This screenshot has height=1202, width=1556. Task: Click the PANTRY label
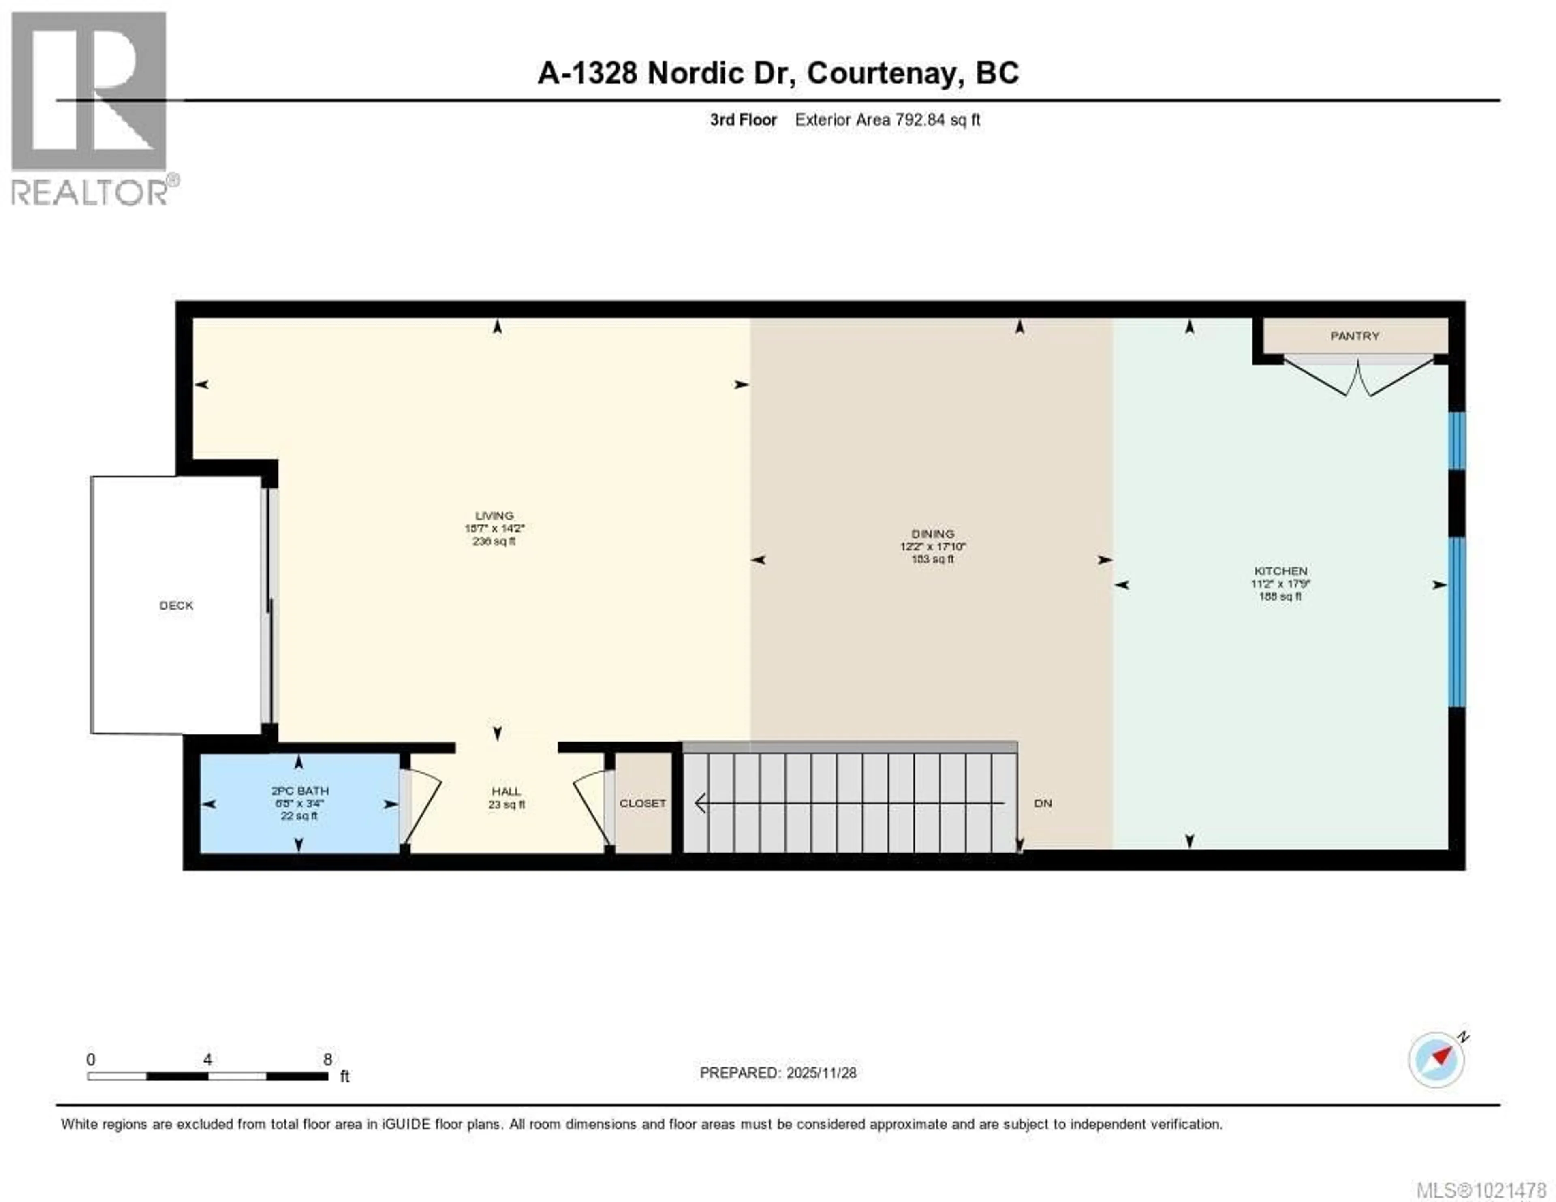[x=1354, y=336]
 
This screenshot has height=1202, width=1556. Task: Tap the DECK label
[x=176, y=605]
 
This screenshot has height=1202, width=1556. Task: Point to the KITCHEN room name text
[x=1280, y=571]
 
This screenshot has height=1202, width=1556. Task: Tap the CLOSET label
[x=643, y=803]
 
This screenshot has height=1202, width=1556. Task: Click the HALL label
[x=506, y=791]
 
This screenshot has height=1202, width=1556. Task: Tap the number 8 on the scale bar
[x=328, y=1059]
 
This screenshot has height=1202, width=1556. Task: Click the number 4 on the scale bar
[x=207, y=1059]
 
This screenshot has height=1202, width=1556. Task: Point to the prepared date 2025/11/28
[x=821, y=1073]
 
